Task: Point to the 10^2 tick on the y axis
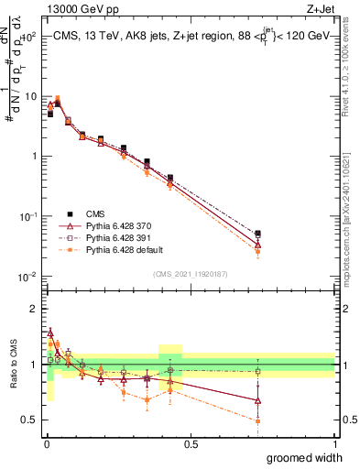point(27,37)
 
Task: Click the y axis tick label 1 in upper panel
point(34,156)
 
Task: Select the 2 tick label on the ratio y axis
point(34,309)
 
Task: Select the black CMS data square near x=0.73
point(257,234)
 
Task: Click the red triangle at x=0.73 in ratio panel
point(257,400)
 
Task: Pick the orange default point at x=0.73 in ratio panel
point(257,420)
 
